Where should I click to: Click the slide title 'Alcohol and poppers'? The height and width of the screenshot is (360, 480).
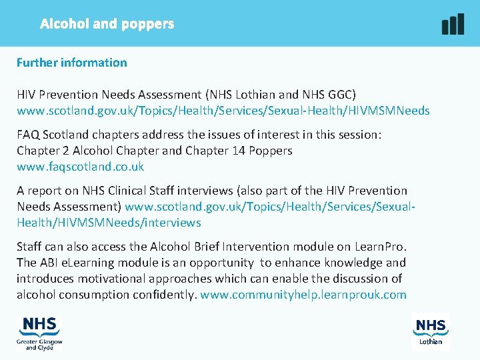[107, 24]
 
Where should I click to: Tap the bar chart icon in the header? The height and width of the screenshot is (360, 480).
[453, 24]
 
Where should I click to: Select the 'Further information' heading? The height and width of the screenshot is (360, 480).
[72, 63]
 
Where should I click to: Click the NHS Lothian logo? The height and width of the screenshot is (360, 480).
[431, 331]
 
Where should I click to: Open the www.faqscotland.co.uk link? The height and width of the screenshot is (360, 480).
[80, 167]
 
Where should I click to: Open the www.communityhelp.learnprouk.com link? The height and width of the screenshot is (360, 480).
[303, 295]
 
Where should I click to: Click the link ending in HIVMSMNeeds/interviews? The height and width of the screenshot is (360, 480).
[109, 223]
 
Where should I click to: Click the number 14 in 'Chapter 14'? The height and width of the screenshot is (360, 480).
[238, 151]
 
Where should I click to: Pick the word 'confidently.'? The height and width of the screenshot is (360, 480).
[163, 295]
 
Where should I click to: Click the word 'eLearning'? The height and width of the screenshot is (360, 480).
[87, 263]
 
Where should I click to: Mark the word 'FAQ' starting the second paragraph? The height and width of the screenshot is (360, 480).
[29, 135]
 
